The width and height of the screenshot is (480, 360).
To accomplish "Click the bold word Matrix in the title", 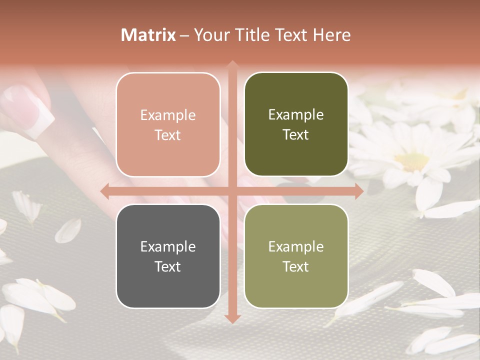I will click(x=148, y=35).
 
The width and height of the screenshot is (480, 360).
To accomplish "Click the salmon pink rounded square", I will click(x=168, y=124).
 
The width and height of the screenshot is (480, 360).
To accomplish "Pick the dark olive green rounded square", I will click(x=296, y=124).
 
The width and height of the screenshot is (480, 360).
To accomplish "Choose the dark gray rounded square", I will click(x=168, y=256).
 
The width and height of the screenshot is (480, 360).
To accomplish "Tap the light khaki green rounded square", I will click(x=296, y=256).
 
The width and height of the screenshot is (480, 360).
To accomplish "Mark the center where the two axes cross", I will click(x=232, y=191).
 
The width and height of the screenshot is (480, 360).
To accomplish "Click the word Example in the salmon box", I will click(x=168, y=115).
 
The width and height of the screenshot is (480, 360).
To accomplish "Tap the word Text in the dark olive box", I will click(x=296, y=135).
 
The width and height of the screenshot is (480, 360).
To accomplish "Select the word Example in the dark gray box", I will click(x=168, y=246).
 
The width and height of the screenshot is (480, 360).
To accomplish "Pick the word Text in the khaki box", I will click(x=296, y=266).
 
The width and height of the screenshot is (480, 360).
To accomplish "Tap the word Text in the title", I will click(x=289, y=35).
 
